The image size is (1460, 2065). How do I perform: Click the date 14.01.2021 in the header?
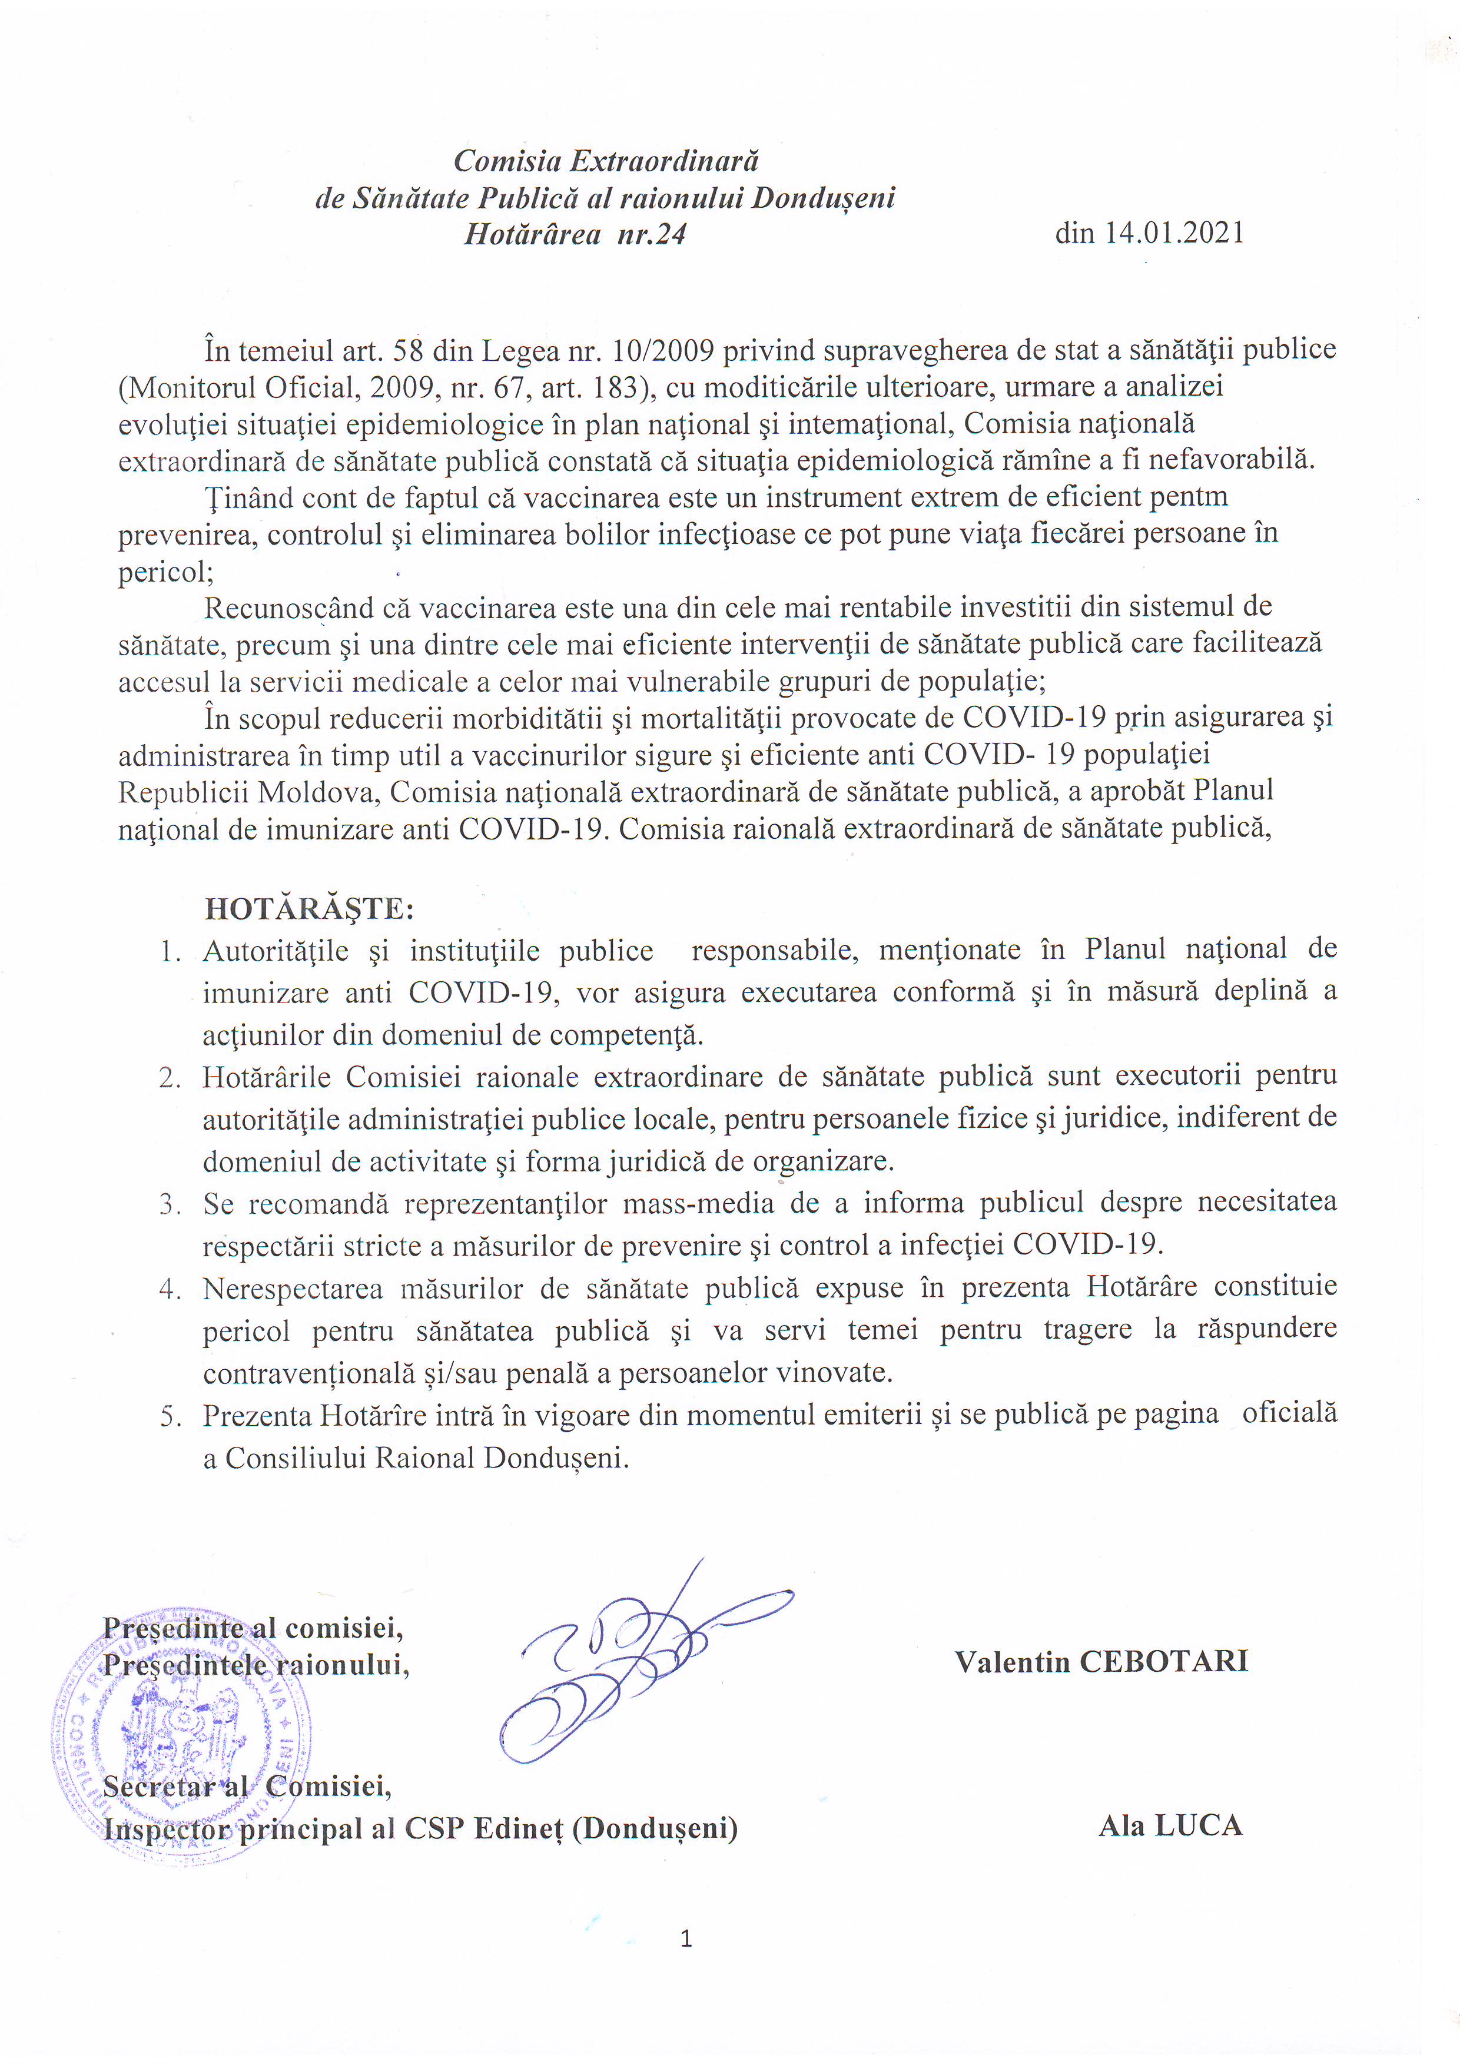coord(1173,233)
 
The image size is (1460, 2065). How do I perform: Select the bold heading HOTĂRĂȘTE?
coord(310,908)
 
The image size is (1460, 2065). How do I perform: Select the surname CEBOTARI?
coord(1164,1661)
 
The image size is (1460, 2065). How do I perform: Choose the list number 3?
coord(171,1203)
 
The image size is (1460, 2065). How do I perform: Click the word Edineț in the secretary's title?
coord(517,1828)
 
